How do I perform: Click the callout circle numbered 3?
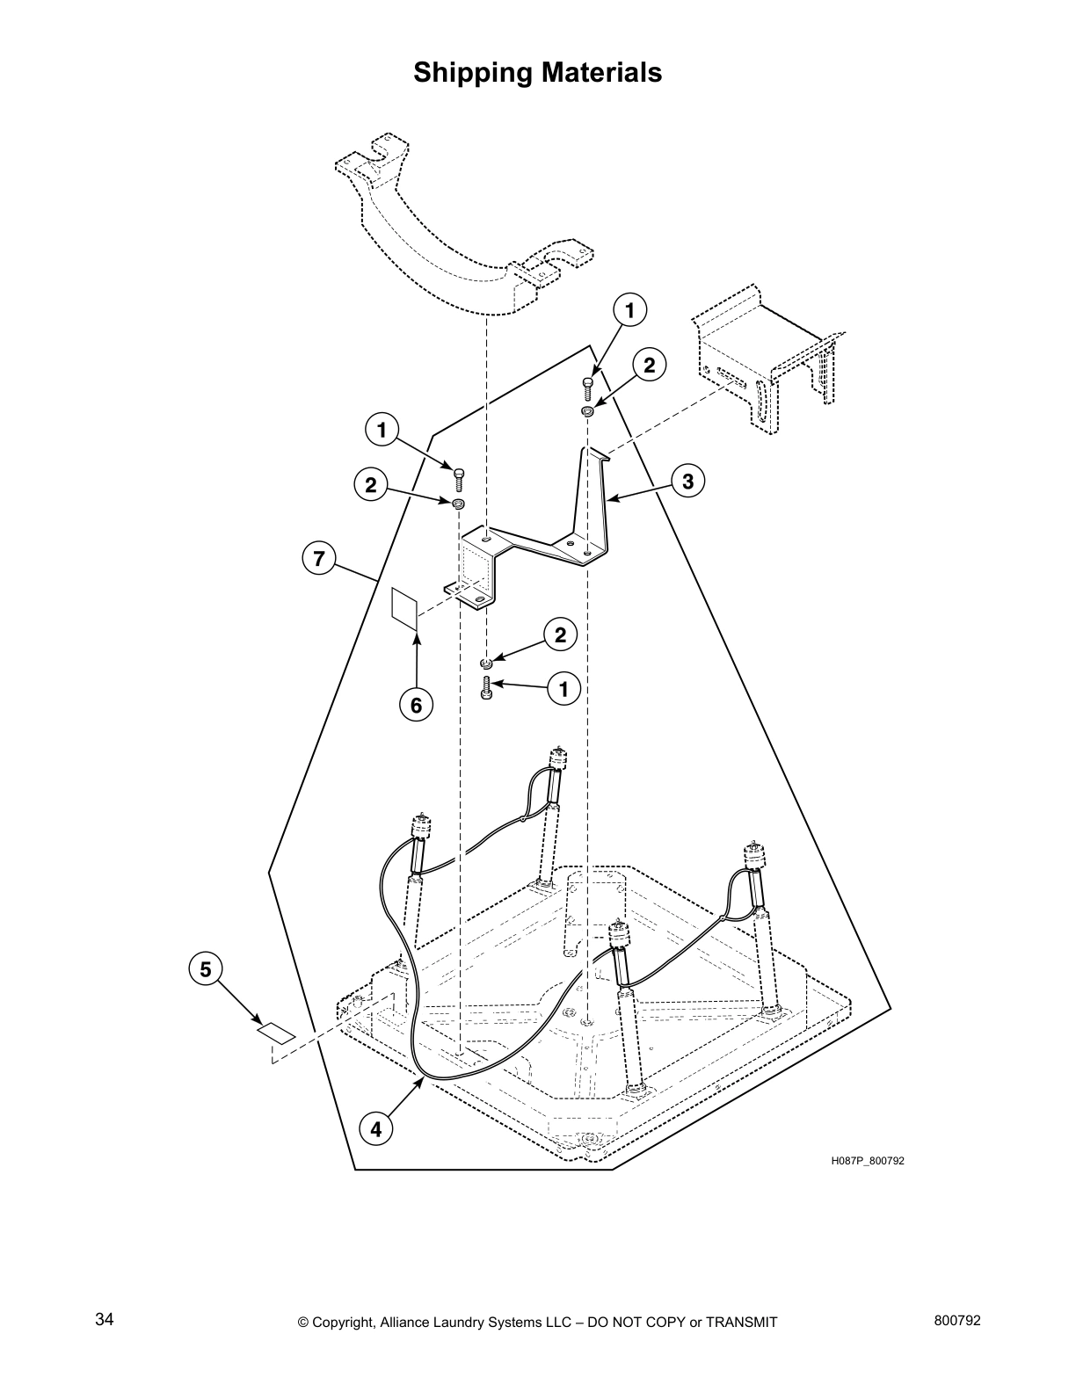[687, 481]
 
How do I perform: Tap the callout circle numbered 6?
[416, 705]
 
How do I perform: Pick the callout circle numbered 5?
[205, 969]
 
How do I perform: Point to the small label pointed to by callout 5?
[275, 1033]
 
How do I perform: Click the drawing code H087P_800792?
[867, 1161]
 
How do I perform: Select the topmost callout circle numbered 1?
[629, 309]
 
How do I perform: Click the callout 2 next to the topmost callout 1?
[649, 365]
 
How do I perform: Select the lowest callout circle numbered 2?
[560, 634]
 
